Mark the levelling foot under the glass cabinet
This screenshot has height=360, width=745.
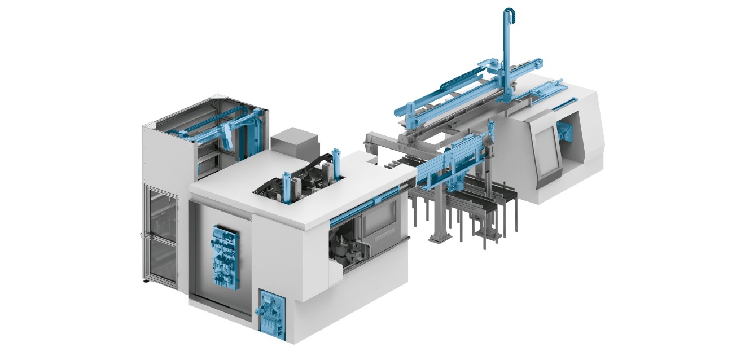(146, 280)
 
